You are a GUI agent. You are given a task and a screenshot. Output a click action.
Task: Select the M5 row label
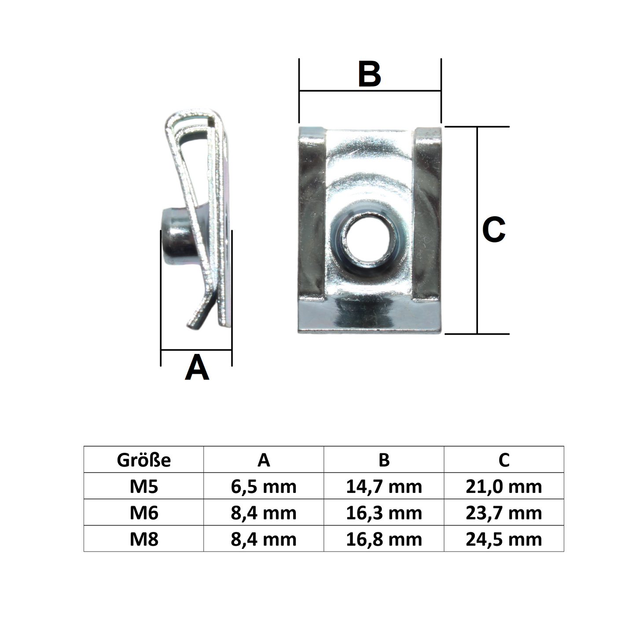(x=143, y=487)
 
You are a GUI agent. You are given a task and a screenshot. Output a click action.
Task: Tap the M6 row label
(x=143, y=513)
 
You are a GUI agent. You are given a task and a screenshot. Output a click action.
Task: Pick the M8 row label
(x=143, y=539)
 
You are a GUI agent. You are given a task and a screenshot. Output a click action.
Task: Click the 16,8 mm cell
(x=384, y=540)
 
